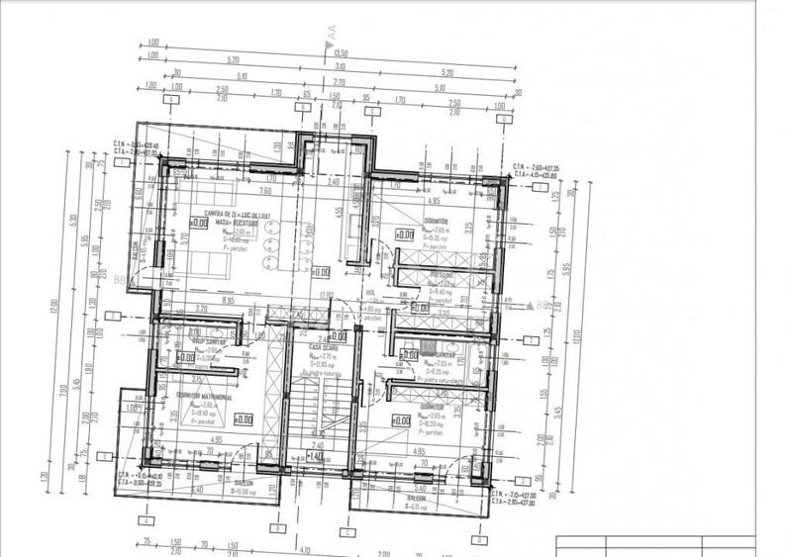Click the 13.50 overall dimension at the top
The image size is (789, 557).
[341, 53]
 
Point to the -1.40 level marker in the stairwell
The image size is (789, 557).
[313, 457]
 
